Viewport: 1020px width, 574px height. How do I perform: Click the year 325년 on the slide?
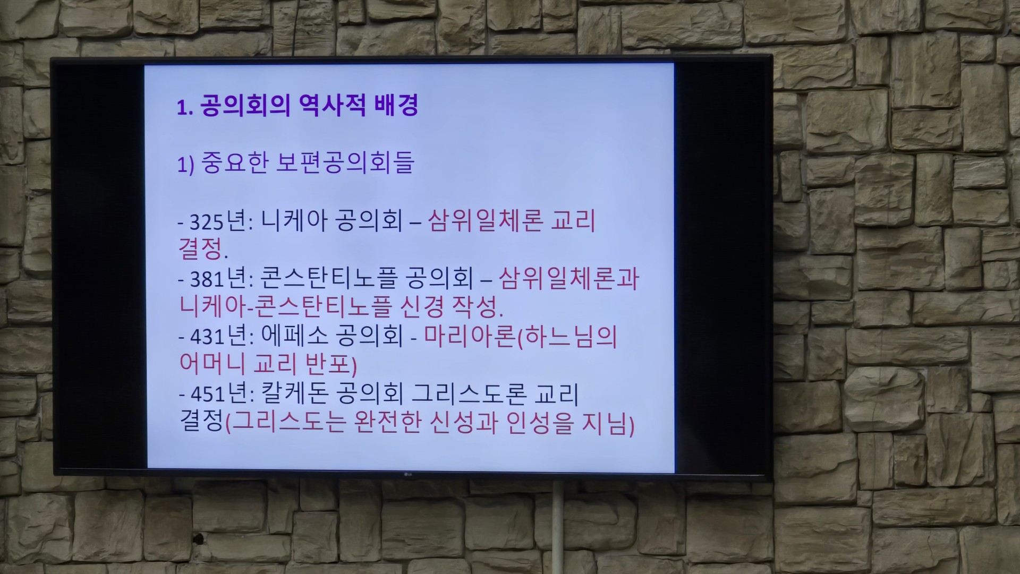coord(217,221)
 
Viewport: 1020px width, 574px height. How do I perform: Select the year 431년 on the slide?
coord(217,336)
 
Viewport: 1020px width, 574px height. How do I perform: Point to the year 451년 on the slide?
coord(217,394)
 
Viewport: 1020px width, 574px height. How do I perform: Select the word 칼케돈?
coord(294,393)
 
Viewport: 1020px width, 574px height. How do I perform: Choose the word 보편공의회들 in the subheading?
coord(345,162)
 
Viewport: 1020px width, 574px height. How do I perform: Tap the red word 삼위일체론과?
coord(569,278)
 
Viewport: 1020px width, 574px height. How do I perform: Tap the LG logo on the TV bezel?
coord(410,474)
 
